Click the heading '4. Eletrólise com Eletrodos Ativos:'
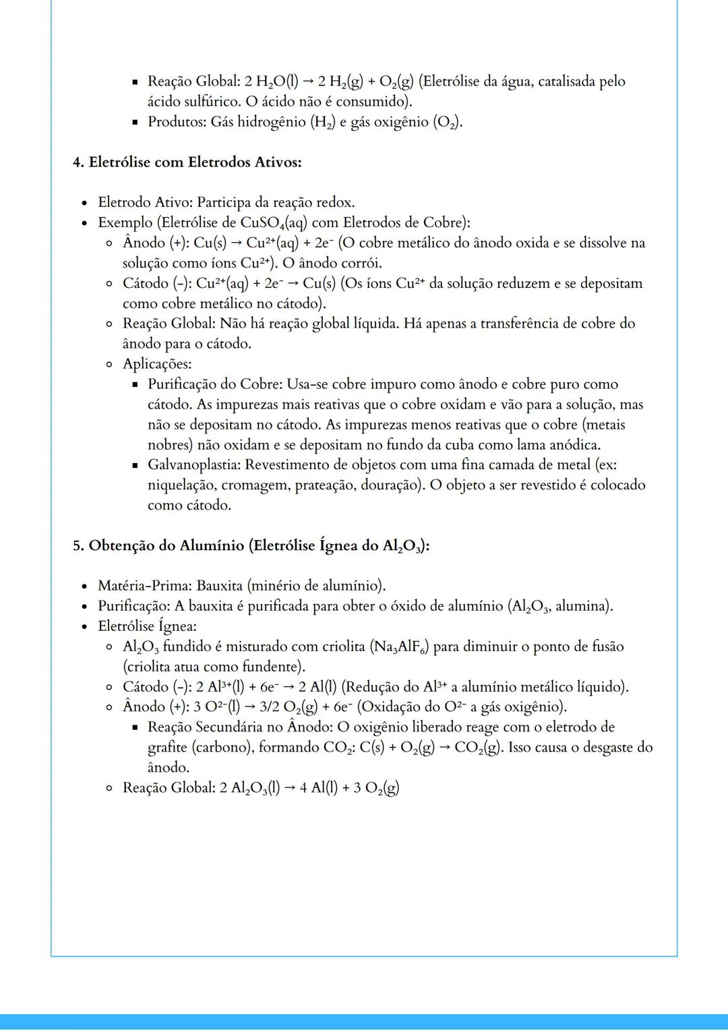click(x=187, y=162)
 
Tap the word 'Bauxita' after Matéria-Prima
click(x=219, y=585)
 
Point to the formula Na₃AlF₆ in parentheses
click(x=400, y=647)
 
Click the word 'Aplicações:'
click(x=157, y=364)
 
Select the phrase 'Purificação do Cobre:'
click(x=215, y=384)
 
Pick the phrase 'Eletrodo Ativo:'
click(x=145, y=202)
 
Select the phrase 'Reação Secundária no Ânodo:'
click(x=239, y=727)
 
